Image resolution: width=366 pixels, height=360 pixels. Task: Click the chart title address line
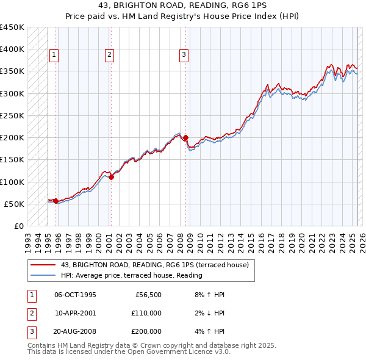coord(183,5)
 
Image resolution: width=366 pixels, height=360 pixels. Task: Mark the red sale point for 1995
coord(56,201)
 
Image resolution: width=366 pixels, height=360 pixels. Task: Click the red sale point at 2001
coord(111,177)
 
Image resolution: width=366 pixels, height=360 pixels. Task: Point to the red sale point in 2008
coord(185,137)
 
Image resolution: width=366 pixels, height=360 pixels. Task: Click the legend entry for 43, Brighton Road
coord(154,265)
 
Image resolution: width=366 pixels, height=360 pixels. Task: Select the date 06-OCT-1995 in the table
coord(75,295)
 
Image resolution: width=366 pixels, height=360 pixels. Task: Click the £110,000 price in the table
coord(146,313)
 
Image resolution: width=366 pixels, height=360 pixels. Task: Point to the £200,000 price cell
coord(146,331)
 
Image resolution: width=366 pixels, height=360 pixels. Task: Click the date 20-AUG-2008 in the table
coord(75,331)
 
